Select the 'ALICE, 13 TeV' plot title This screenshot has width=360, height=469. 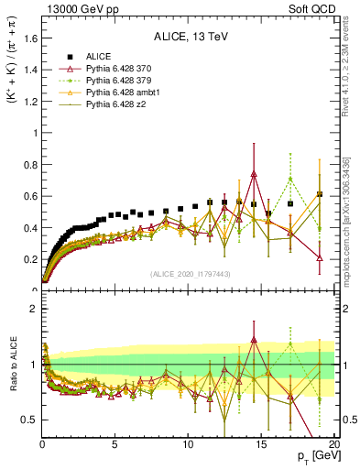(x=188, y=37)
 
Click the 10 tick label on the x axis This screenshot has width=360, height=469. (x=188, y=444)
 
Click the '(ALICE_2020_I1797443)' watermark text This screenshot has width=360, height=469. (x=190, y=275)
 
